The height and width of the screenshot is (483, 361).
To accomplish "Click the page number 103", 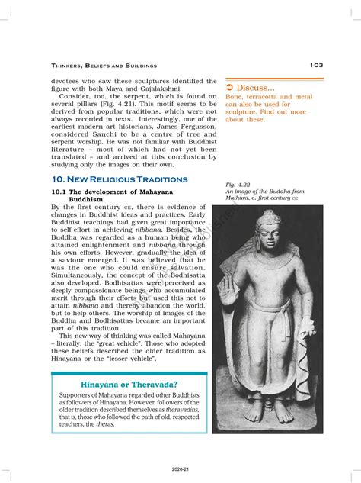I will pyautogui.click(x=316, y=66).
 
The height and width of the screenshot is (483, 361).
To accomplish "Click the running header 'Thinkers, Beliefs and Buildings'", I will pyautogui.click(x=104, y=66).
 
